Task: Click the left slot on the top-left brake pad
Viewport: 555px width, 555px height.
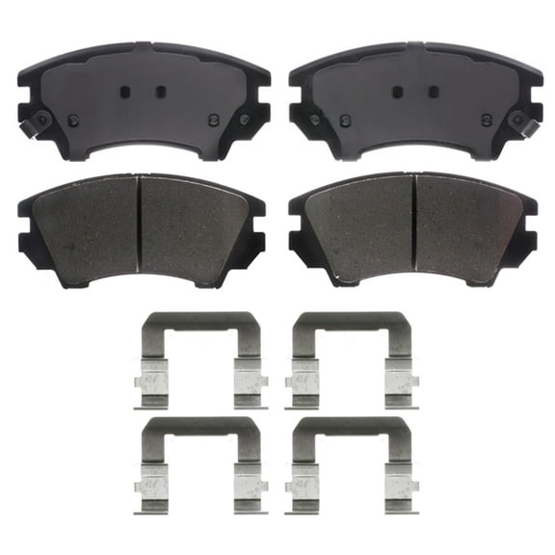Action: coord(124,92)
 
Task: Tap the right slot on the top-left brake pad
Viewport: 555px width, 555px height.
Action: coord(160,92)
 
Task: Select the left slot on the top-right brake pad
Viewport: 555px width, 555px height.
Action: coord(395,92)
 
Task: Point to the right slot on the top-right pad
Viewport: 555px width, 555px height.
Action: coord(431,92)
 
